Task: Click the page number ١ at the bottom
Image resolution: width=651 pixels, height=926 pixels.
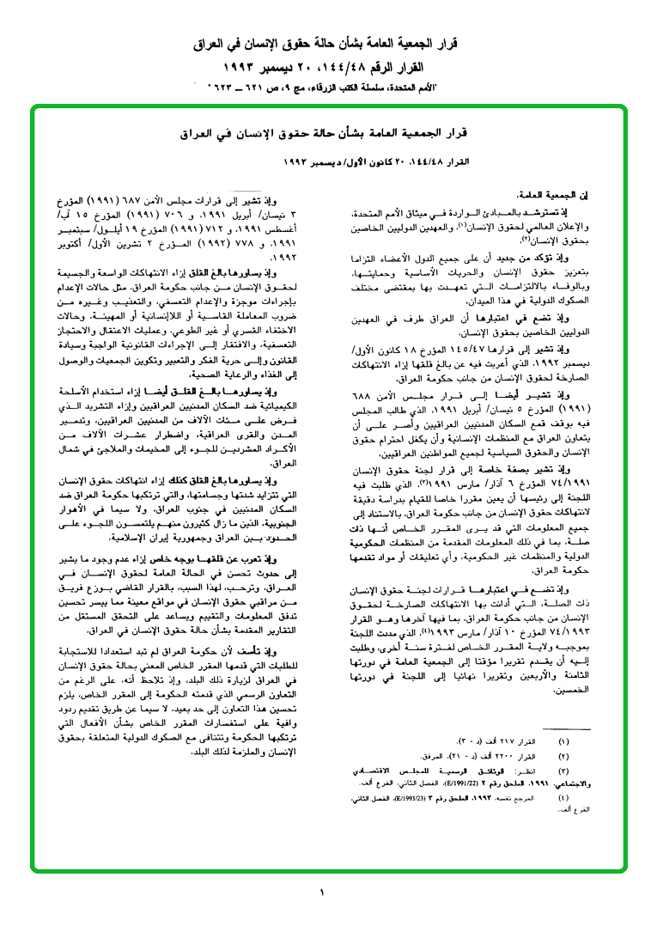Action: pos(322,892)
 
